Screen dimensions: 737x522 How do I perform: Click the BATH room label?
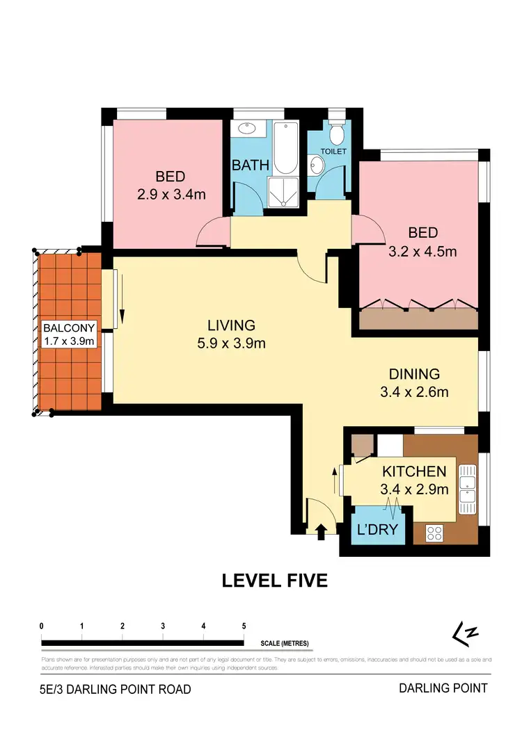[x=246, y=165]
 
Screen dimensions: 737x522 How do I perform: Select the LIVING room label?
[x=231, y=325]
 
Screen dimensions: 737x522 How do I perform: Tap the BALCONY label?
[x=68, y=327]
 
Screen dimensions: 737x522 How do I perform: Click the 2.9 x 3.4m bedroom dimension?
[x=171, y=195]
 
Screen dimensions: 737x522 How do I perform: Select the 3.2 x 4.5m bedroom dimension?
[x=423, y=251]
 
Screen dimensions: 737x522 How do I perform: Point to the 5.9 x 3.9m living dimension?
[x=232, y=342]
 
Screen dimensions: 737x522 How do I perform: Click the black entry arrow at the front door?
[x=321, y=532]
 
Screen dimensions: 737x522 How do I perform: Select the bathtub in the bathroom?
[x=285, y=149]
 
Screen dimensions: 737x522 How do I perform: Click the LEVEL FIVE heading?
[x=274, y=581]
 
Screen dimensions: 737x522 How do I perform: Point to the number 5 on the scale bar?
[x=244, y=626]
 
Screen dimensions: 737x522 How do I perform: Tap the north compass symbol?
[x=466, y=633]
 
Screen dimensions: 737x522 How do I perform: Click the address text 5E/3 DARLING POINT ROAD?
[x=115, y=690]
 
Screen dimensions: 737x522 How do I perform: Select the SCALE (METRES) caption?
[x=285, y=643]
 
